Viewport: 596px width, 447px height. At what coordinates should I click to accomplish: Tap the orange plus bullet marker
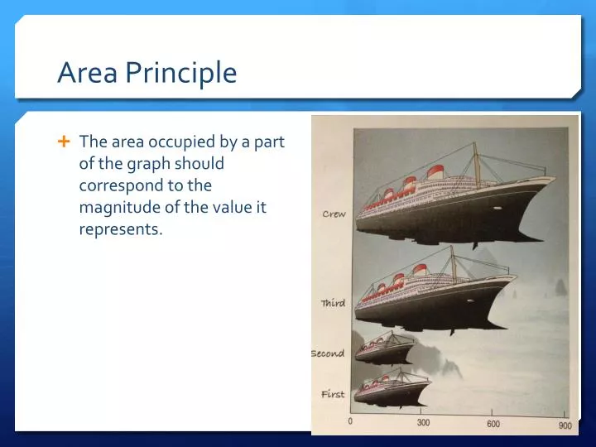(x=64, y=142)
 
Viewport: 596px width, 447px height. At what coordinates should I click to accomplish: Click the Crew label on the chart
(x=334, y=214)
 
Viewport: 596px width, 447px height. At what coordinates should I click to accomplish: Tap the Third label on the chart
(x=333, y=304)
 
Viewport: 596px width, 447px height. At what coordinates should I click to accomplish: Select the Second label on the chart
(x=328, y=353)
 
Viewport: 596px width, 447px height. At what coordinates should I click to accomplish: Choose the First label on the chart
(x=333, y=394)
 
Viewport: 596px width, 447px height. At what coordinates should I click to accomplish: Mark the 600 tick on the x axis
(x=493, y=424)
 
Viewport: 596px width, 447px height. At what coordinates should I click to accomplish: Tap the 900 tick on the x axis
(x=563, y=425)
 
